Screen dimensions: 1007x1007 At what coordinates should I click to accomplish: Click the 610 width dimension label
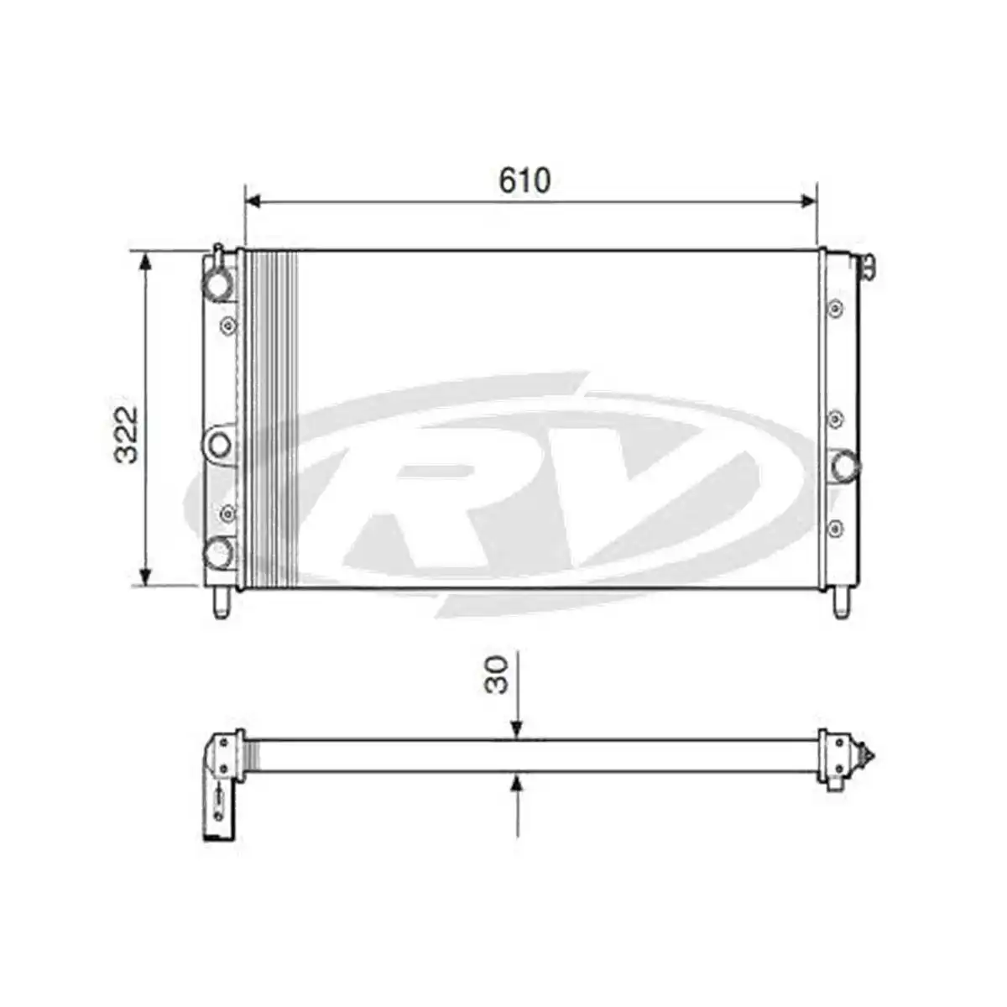pos(524,180)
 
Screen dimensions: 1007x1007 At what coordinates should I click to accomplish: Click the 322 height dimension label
pos(127,435)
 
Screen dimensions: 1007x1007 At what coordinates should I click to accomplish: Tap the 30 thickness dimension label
pos(498,675)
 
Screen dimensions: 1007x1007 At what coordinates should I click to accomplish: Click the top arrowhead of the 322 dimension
pos(146,261)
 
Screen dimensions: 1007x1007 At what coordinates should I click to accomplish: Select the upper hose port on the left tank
pos(218,283)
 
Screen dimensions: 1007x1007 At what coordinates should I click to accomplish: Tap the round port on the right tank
pos(844,464)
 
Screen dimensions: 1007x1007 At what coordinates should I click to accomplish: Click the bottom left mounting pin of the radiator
pos(221,603)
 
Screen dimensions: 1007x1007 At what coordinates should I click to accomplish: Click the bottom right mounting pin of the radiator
pos(841,603)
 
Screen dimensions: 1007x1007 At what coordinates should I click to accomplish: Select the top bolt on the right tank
pos(835,309)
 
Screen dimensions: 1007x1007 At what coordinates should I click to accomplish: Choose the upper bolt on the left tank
pos(227,325)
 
